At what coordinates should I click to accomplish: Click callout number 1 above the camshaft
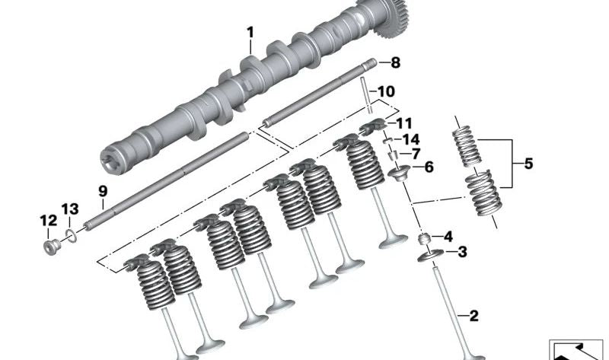249,33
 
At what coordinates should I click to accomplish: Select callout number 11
403,123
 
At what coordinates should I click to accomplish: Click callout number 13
70,209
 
